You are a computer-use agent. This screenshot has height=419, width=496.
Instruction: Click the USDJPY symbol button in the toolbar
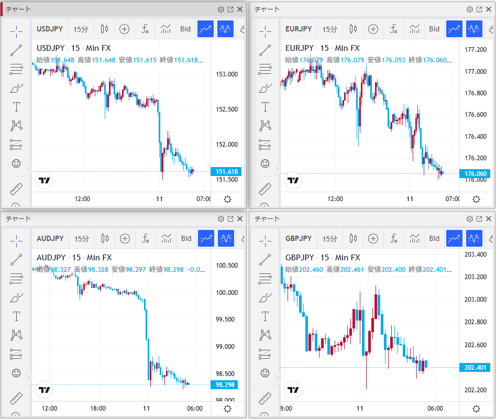click(50, 29)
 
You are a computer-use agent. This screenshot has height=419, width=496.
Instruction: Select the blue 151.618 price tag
click(227, 171)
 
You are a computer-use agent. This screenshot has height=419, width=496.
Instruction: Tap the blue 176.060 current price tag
click(476, 173)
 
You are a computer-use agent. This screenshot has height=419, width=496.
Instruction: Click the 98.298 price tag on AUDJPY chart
click(227, 384)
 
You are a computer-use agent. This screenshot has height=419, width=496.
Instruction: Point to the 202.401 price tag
click(476, 367)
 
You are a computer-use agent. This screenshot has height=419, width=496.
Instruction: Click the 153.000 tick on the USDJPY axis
click(227, 74)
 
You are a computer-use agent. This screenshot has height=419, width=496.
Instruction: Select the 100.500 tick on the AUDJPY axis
click(227, 266)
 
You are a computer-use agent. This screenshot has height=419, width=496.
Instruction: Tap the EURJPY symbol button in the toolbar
click(299, 29)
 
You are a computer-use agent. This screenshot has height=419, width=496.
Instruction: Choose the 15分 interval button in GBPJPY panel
click(329, 239)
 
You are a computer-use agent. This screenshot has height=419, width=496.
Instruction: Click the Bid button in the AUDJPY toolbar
click(186, 239)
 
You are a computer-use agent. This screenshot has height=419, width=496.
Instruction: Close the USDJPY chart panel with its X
click(240, 9)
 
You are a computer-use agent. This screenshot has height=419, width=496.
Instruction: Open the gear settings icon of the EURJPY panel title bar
click(469, 9)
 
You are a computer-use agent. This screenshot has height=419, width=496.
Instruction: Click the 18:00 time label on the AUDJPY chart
click(98, 409)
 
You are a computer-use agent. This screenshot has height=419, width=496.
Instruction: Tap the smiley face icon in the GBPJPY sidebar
click(265, 373)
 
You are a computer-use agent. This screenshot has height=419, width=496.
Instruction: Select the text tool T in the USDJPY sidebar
click(16, 107)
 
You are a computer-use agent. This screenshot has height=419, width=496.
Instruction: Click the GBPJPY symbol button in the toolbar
click(299, 239)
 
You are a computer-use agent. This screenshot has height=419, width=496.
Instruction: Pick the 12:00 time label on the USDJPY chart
click(83, 199)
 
